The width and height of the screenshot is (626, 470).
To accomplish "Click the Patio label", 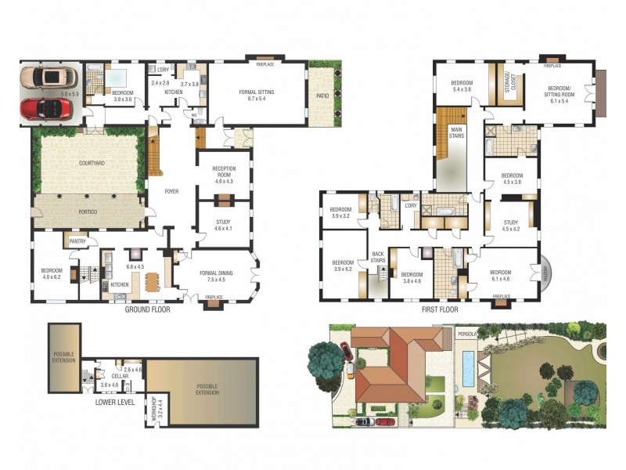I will click(x=322, y=96).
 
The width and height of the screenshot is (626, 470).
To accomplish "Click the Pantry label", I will click(x=78, y=241).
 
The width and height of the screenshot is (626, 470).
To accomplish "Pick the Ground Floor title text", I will click(x=147, y=309).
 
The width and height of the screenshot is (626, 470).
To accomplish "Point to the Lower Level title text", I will click(x=116, y=402).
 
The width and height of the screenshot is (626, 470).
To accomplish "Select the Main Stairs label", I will click(x=455, y=134).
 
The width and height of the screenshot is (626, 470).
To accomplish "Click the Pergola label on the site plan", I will click(x=468, y=334).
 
